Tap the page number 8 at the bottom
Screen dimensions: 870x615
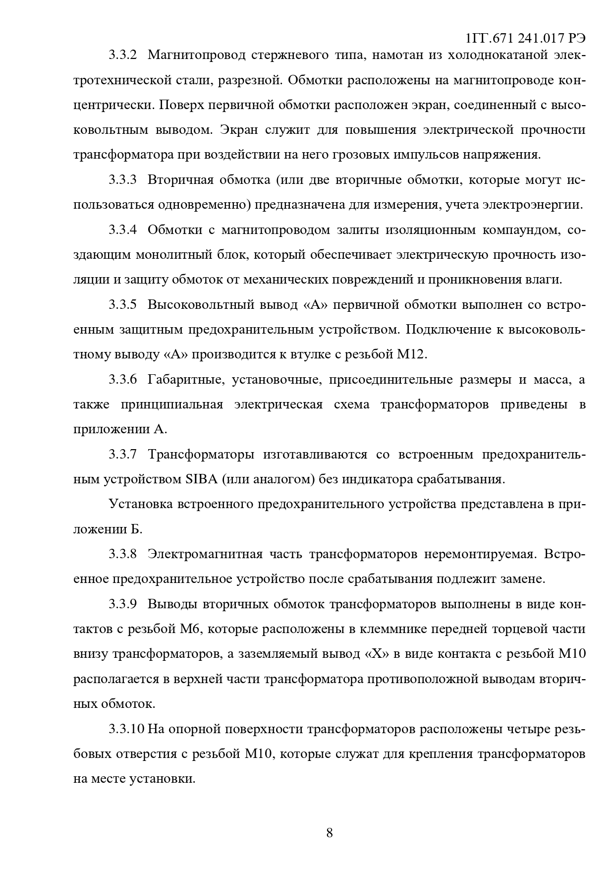[330, 832]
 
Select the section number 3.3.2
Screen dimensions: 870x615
[122, 55]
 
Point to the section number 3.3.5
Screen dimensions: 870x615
[122, 304]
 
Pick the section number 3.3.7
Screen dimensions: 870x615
[122, 454]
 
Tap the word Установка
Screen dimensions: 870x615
[140, 504]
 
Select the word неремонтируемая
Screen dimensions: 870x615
[480, 554]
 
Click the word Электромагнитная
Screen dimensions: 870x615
[205, 554]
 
